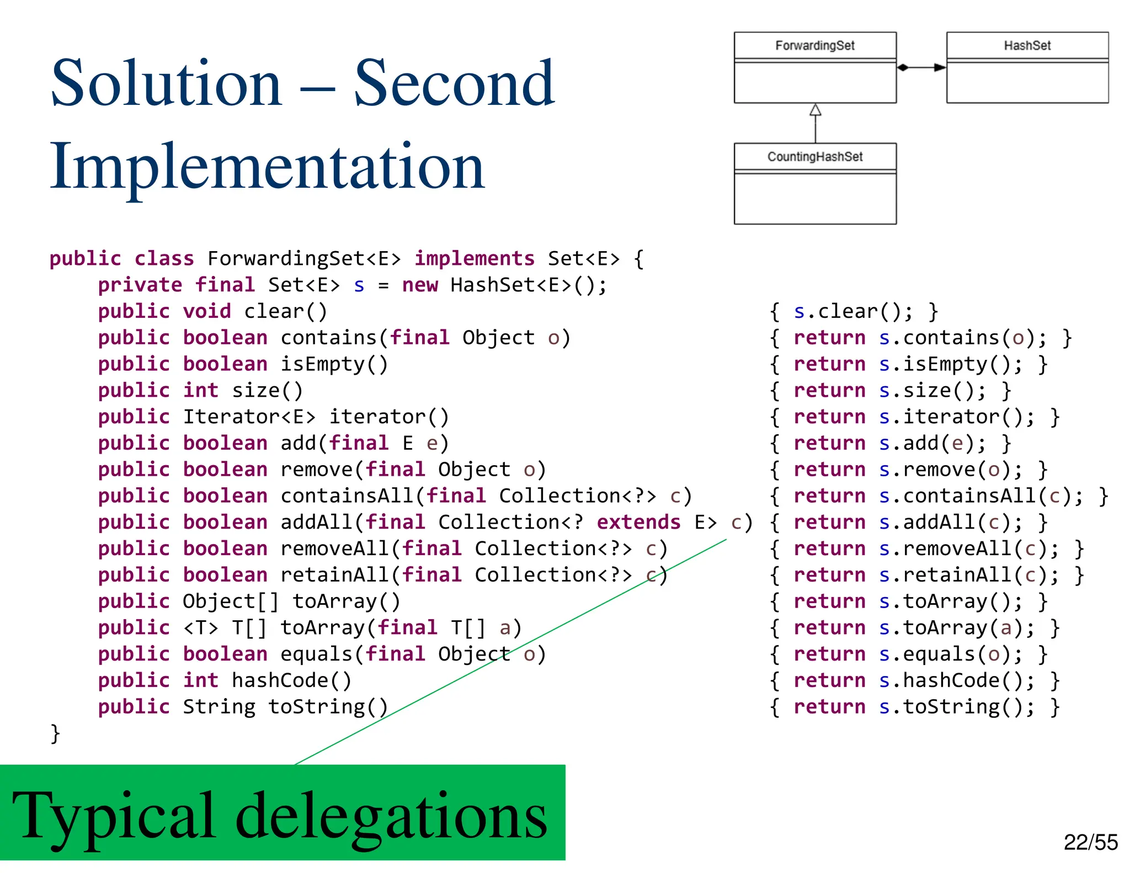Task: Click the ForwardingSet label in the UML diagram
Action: (x=814, y=45)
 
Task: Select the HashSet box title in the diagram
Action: (x=1027, y=45)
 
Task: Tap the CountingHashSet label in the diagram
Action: (x=814, y=157)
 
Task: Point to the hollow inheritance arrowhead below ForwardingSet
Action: (x=815, y=110)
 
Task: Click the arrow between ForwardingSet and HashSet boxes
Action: (x=921, y=67)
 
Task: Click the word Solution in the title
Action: (x=166, y=84)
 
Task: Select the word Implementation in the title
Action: (x=267, y=166)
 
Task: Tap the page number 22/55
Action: (x=1090, y=842)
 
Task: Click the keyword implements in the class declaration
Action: (x=474, y=258)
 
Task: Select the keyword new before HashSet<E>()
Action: (x=420, y=285)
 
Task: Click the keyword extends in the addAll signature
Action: (x=638, y=522)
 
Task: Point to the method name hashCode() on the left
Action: (x=291, y=680)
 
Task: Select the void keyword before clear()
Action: (x=207, y=311)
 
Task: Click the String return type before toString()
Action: (x=219, y=707)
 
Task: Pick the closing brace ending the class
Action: (x=55, y=733)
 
